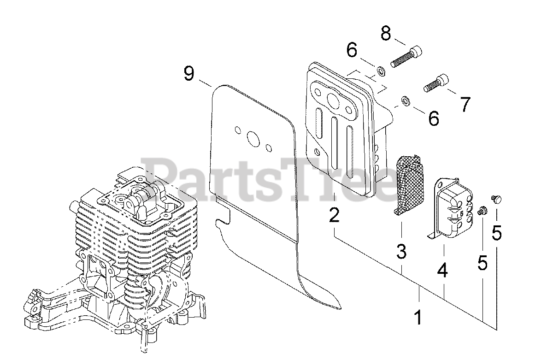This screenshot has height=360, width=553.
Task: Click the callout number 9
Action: tap(189, 74)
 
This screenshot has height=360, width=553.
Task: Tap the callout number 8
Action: tap(386, 33)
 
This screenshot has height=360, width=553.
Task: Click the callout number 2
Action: tap(334, 215)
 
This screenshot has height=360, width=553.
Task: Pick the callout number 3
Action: tap(401, 251)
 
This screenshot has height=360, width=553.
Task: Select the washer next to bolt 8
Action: tap(381, 71)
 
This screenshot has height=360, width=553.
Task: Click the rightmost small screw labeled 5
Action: tap(497, 199)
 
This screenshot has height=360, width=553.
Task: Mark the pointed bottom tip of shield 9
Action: tap(340, 307)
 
